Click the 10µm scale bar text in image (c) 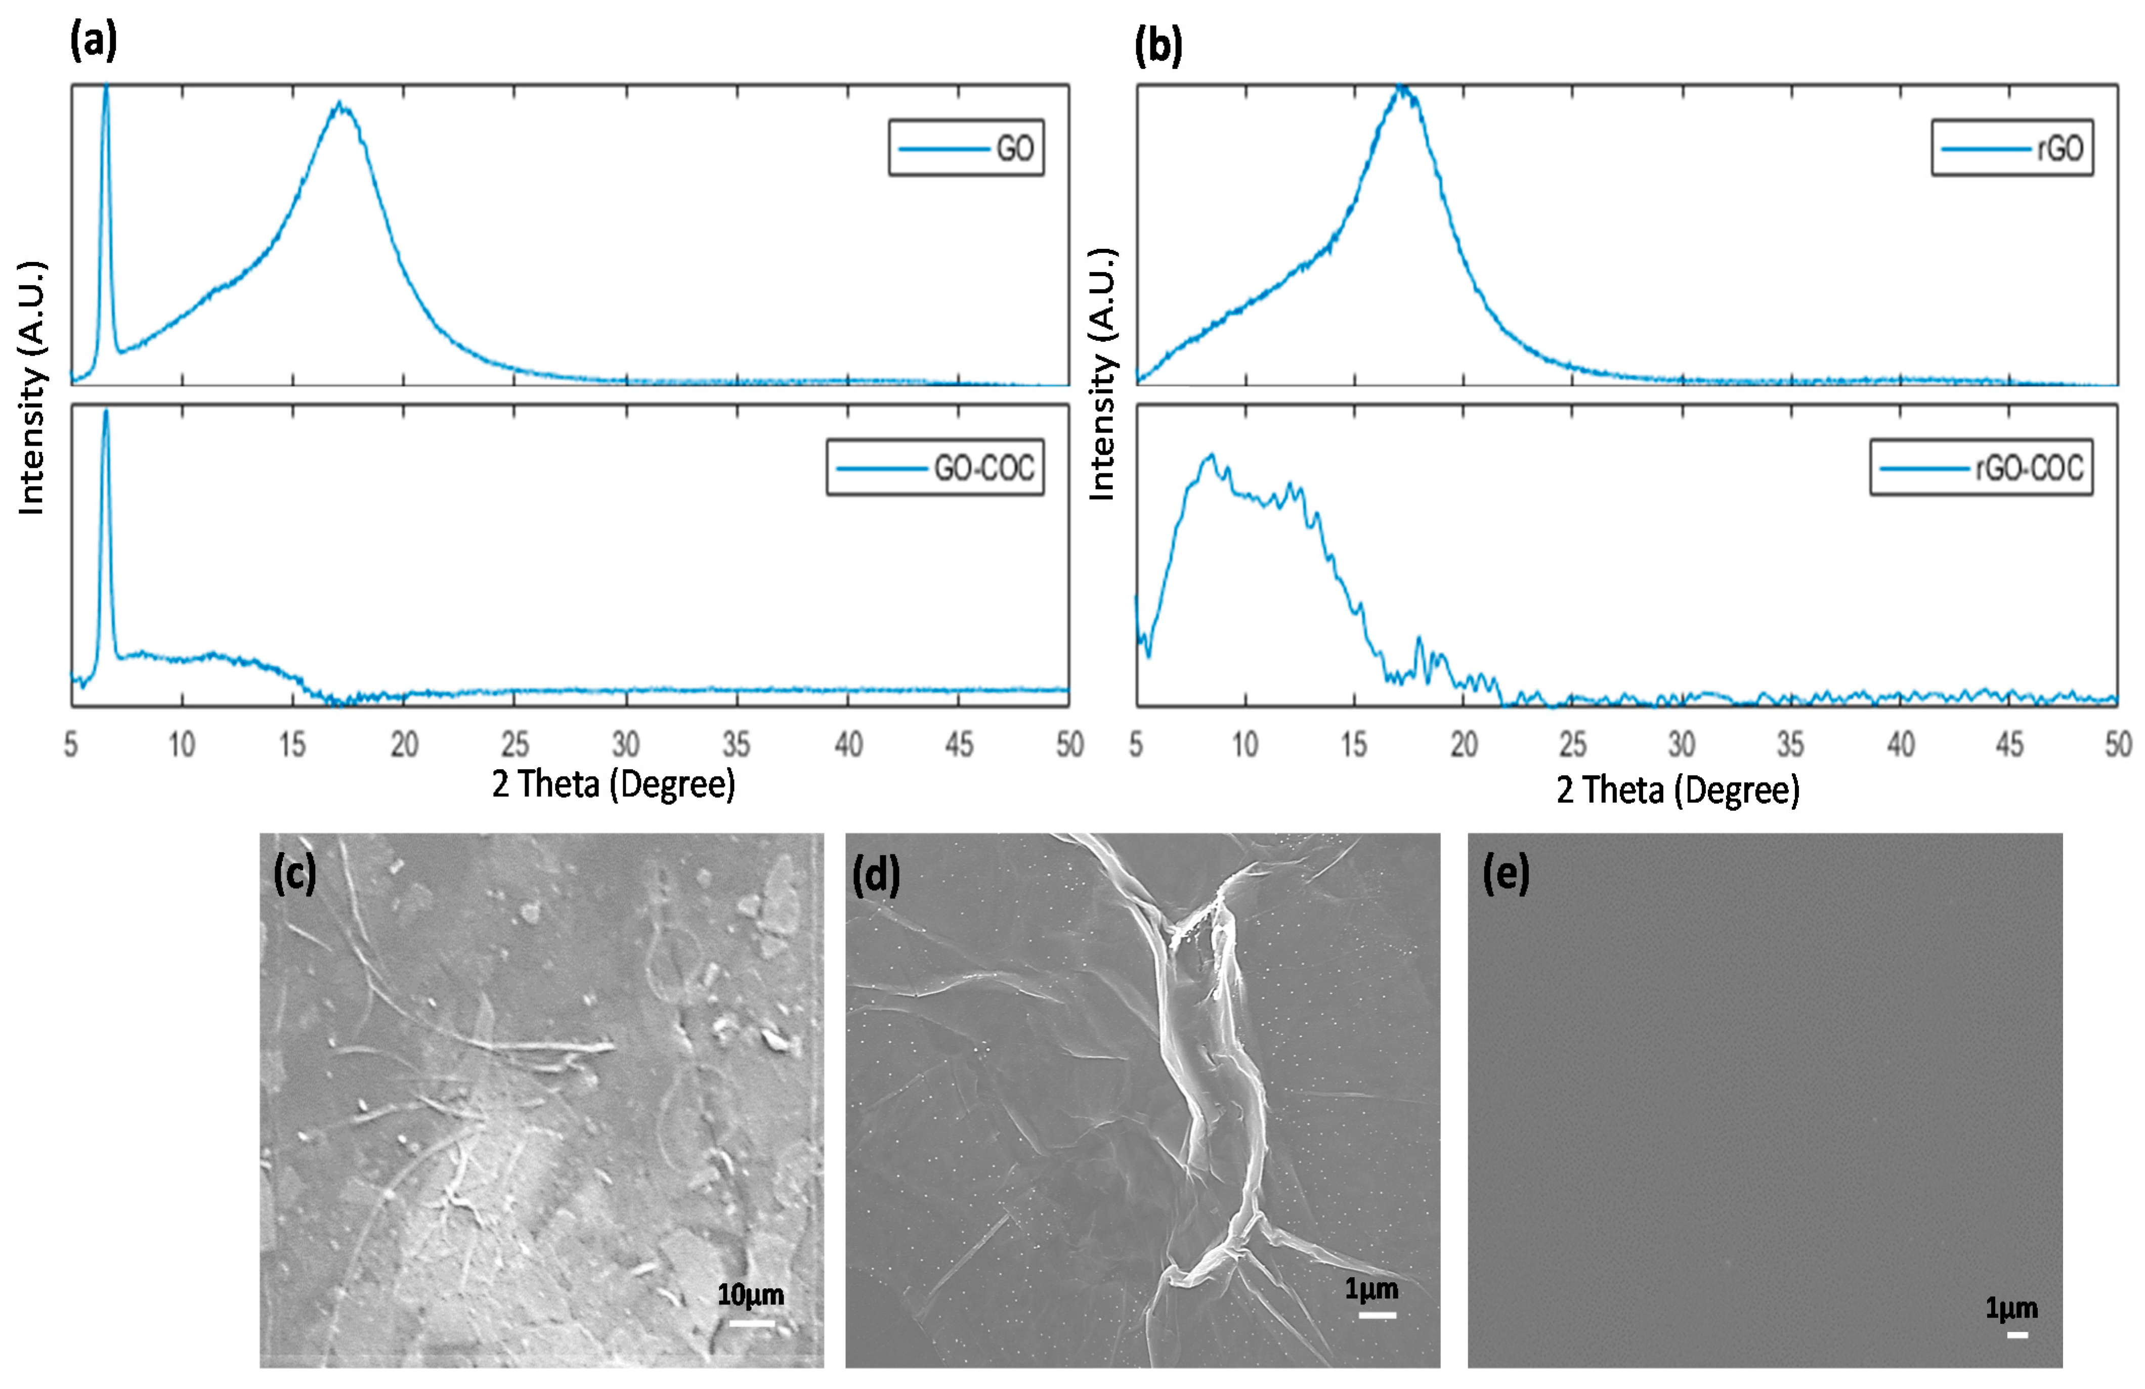751,1295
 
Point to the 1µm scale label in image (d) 1371,1289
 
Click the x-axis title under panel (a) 614,784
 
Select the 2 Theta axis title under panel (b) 1678,790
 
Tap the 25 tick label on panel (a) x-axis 514,745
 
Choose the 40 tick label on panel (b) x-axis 1901,745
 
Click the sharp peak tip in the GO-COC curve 106,412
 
